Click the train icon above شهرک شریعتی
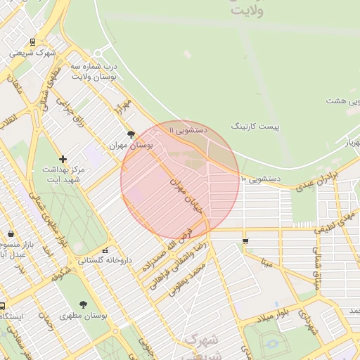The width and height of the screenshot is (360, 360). point(34,42)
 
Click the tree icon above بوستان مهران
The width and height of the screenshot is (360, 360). point(131,134)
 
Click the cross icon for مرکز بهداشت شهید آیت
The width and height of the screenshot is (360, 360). point(63,160)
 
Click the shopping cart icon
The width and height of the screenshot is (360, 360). point(245,241)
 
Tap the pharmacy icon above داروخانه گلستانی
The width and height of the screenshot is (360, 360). point(105,250)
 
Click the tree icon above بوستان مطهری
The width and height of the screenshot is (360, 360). point(84,304)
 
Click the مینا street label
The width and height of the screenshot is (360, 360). point(266,264)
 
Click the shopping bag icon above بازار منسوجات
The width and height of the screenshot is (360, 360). point(11,234)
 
